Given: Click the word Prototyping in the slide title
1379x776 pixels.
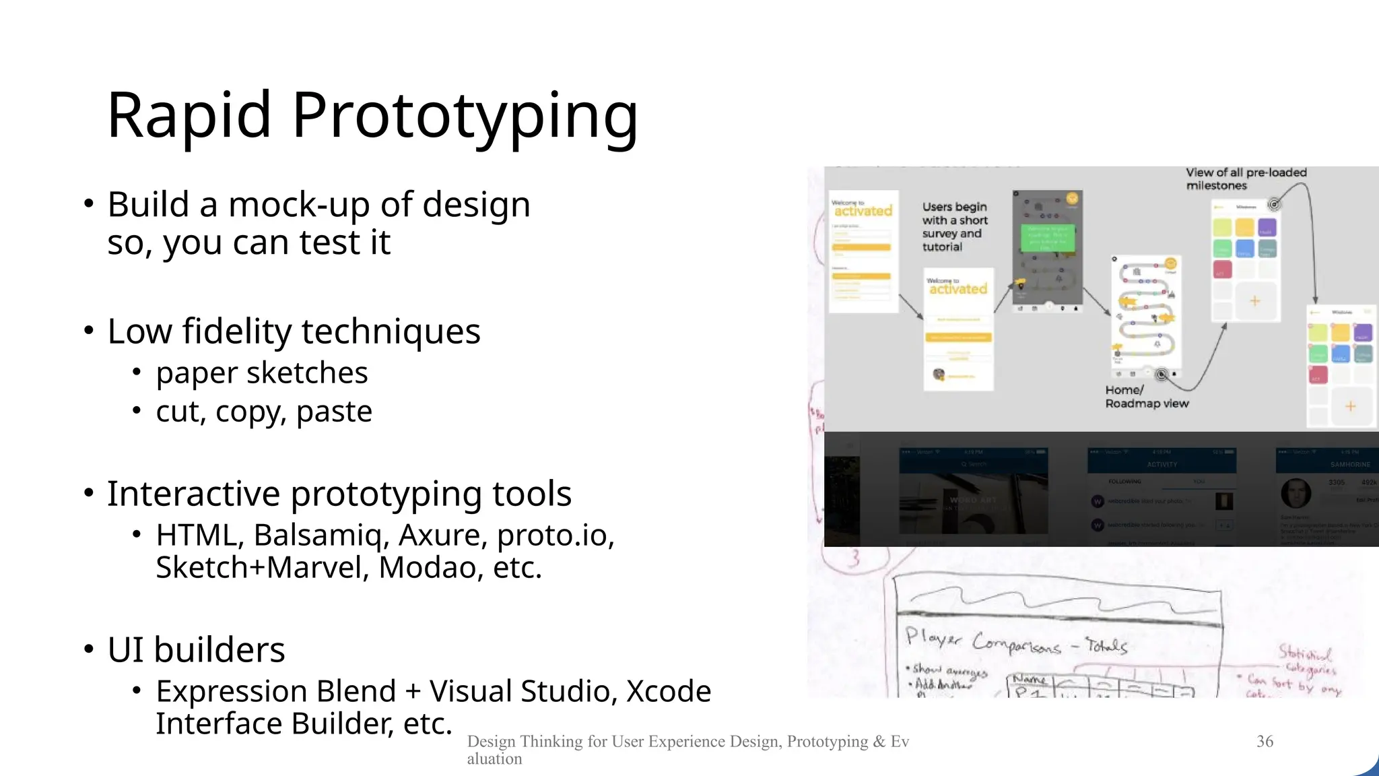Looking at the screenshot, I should tap(465, 116).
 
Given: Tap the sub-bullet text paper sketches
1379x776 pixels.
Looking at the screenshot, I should tap(262, 373).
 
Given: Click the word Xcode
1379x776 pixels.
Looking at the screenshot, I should tap(669, 692).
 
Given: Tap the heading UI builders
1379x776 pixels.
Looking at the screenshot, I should tap(196, 650).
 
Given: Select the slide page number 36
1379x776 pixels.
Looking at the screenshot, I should tap(1265, 742).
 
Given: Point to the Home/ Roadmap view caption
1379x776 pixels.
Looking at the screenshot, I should tap(1146, 397).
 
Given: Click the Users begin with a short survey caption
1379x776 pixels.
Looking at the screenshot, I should tap(954, 227).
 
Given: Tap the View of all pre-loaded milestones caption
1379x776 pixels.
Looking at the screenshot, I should tap(1245, 179).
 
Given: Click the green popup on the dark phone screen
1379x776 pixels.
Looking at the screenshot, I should tap(1047, 238).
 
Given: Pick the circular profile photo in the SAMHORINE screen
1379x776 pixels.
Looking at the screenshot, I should tap(1296, 494).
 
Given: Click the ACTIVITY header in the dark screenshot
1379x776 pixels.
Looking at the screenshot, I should tap(1162, 464).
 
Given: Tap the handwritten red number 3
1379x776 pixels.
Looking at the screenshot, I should tap(854, 558).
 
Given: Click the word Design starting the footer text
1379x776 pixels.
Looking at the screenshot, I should tap(491, 742).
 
